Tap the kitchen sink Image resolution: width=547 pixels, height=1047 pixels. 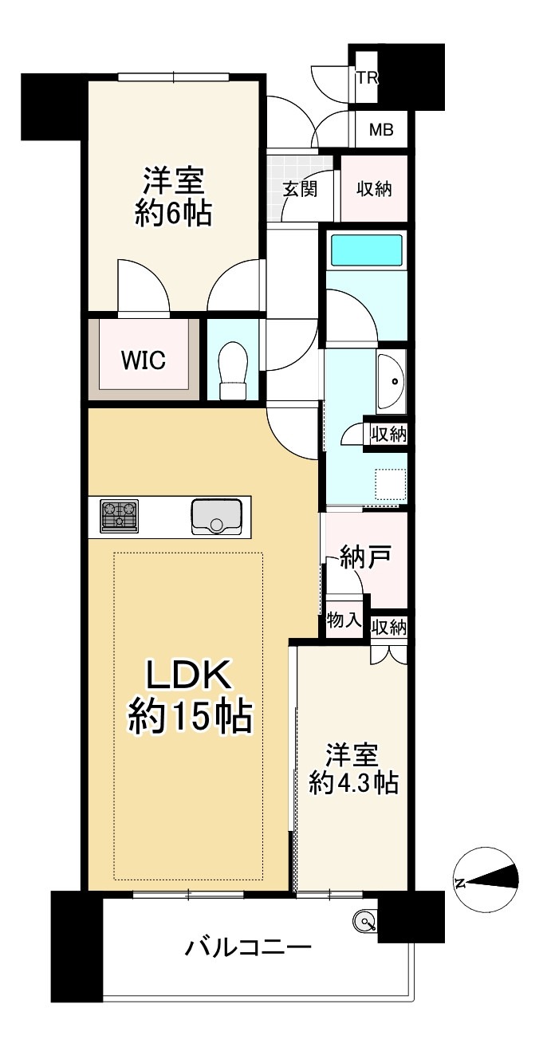[x=216, y=517]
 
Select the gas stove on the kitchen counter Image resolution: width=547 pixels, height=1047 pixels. [x=120, y=516]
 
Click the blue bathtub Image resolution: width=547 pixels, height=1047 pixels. [x=367, y=250]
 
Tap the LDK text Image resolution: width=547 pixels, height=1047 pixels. [x=188, y=675]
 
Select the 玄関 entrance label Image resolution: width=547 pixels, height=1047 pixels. [x=300, y=189]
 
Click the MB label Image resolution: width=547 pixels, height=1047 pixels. [x=381, y=129]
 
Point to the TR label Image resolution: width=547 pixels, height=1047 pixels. [x=367, y=78]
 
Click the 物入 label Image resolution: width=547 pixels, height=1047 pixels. [x=344, y=620]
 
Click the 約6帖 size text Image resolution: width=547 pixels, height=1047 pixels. [x=174, y=214]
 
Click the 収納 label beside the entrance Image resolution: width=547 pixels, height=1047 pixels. [x=374, y=189]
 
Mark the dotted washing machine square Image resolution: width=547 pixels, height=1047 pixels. [x=391, y=484]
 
